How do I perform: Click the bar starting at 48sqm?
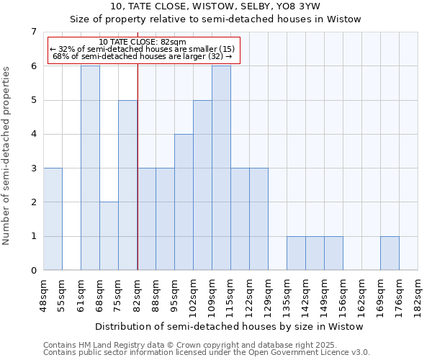[53, 219]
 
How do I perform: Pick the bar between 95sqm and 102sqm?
[184, 202]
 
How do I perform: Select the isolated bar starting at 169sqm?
[390, 253]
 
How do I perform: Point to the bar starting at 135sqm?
[296, 253]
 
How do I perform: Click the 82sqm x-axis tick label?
[137, 294]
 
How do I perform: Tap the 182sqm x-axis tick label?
[418, 294]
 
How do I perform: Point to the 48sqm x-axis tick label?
[43, 294]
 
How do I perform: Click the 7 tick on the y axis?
[33, 32]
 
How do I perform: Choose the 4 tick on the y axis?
[33, 134]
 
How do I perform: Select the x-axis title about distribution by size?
[229, 326]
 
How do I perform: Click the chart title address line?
[215, 6]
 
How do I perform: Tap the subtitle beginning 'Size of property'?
[215, 19]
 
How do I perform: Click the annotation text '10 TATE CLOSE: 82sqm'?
[143, 42]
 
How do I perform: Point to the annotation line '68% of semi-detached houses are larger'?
[143, 56]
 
